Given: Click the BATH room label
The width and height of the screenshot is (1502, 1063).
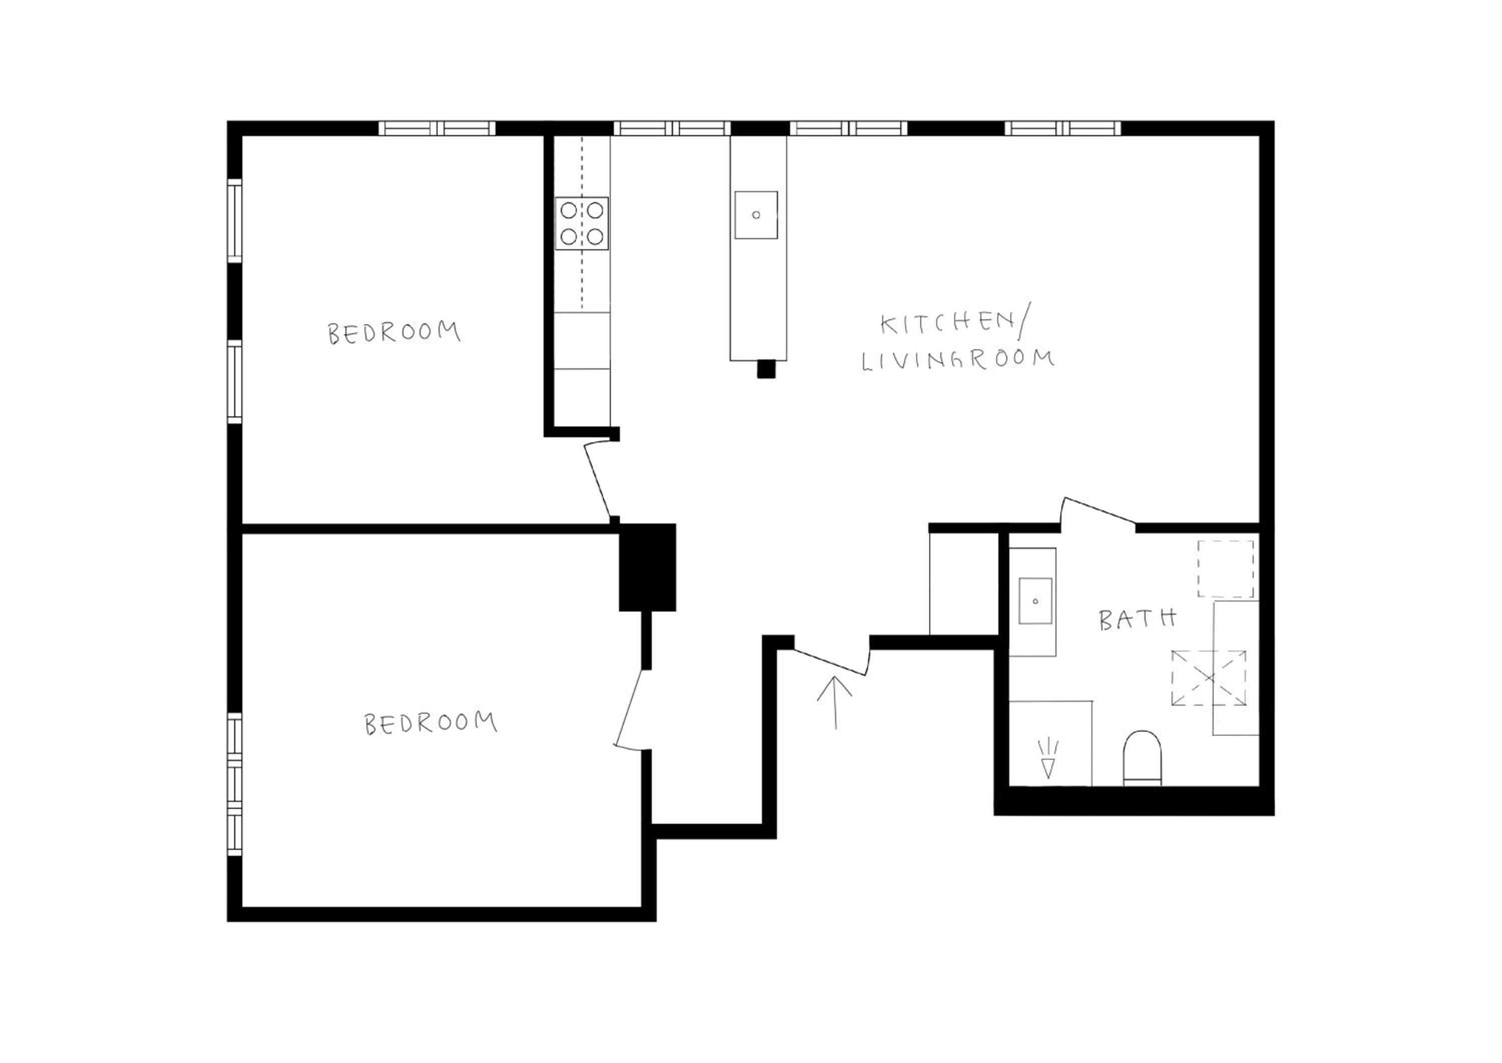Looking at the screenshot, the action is coord(1138,619).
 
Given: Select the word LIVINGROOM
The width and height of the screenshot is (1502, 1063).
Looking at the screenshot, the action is coord(957,360).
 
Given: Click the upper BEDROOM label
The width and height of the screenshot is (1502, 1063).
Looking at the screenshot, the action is coord(394,332).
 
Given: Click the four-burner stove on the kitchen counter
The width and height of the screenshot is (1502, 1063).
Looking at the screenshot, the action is coord(581,223).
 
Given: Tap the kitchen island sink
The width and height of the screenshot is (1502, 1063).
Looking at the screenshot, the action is coord(756,215).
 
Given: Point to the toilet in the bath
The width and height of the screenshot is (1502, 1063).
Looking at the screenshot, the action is coord(1142,758).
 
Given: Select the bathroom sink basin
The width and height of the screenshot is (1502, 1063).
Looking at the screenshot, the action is coord(1035,600).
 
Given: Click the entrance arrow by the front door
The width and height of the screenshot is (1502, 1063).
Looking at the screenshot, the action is coord(835,702).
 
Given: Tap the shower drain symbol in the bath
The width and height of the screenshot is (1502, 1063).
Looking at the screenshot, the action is coord(1048,758).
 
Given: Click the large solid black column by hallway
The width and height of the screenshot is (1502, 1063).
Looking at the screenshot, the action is coord(647,567).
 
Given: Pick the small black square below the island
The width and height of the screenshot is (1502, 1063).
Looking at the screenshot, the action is coord(766,369).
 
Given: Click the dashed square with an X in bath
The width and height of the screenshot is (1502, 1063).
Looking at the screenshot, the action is coord(1209,678).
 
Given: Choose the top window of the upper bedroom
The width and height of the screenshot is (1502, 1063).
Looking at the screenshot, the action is coord(234,221).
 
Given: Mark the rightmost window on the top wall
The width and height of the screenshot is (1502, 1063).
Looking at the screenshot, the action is coord(1062,128).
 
